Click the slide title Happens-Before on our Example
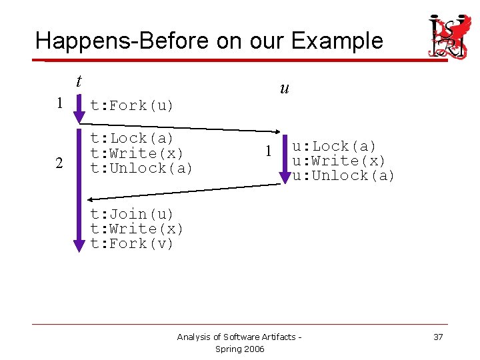209,41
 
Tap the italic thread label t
79,81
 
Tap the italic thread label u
285,89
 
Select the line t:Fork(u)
132,105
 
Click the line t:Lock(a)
132,138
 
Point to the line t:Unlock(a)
141,168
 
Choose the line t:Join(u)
132,214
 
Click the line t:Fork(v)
132,243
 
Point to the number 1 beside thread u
268,151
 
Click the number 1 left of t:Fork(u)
59,103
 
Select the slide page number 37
438,337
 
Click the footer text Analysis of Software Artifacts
239,337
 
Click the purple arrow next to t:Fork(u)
79,109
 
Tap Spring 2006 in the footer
240,349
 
